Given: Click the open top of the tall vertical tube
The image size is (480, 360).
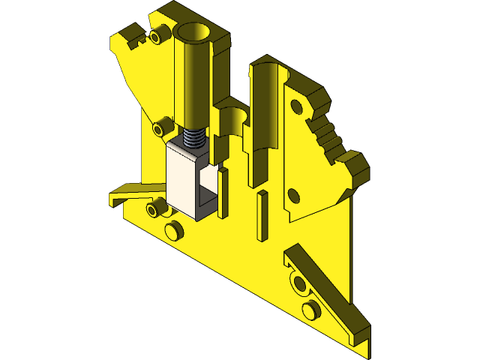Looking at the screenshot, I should pyautogui.click(x=194, y=33).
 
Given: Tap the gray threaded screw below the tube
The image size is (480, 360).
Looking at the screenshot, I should pyautogui.click(x=194, y=138).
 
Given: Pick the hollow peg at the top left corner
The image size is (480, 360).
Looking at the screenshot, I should pyautogui.click(x=157, y=35).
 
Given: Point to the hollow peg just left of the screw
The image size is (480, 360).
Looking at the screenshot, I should pyautogui.click(x=160, y=127).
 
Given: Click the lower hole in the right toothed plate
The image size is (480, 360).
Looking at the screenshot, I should pyautogui.click(x=293, y=197).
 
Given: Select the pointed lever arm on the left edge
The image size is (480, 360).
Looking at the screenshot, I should pyautogui.click(x=127, y=194).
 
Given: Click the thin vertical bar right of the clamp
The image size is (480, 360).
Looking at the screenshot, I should pyautogui.click(x=223, y=193).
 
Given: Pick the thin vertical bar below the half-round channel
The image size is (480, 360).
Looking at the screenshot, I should pyautogui.click(x=261, y=216).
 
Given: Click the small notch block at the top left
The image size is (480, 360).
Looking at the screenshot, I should pyautogui.click(x=131, y=35).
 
